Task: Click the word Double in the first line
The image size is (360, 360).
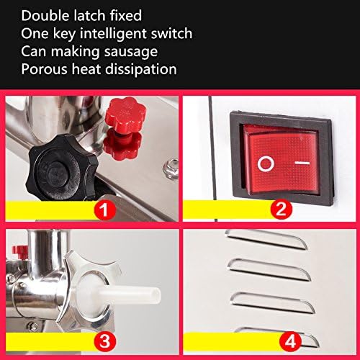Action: pyautogui.click(x=45, y=16)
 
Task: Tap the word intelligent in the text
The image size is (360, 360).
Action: pyautogui.click(x=110, y=34)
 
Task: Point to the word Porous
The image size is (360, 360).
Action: pyautogui.click(x=45, y=69)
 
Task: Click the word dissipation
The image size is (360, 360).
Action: pyautogui.click(x=141, y=69)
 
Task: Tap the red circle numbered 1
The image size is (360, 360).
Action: pyautogui.click(x=104, y=210)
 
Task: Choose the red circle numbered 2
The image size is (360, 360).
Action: pyautogui.click(x=282, y=209)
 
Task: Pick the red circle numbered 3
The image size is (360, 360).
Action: pyautogui.click(x=104, y=341)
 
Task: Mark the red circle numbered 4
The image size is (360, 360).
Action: pyautogui.click(x=291, y=341)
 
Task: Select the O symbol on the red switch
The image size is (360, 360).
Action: pyautogui.click(x=266, y=163)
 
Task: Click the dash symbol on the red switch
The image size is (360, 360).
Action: pyautogui.click(x=302, y=163)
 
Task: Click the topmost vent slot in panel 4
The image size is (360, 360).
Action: pyautogui.click(x=266, y=240)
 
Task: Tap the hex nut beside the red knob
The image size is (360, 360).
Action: pyautogui.click(x=171, y=168)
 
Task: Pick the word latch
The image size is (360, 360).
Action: pyautogui.click(x=90, y=16)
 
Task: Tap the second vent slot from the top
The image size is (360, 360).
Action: pyautogui.click(x=269, y=269)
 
